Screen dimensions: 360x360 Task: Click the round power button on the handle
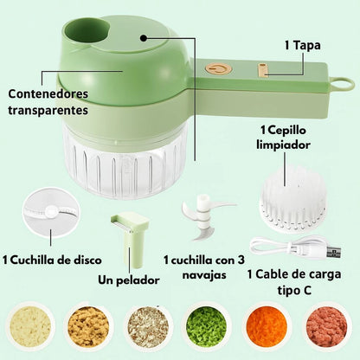coord(219,69)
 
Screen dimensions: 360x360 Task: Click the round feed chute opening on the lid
coord(87,29)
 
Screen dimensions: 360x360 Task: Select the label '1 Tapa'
coord(303,45)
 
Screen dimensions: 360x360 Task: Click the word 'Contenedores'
coord(48,93)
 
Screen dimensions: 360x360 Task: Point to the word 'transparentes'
coord(48,110)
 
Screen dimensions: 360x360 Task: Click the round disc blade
coord(51,213)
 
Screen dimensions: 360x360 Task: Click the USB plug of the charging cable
coord(334,253)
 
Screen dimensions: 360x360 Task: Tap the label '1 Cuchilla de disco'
coord(52,260)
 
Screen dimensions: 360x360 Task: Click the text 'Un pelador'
coord(129,280)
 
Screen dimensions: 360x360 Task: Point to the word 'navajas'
coord(204,275)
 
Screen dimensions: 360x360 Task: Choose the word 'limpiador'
coord(283,145)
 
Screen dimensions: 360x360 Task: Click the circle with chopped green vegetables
coord(207,326)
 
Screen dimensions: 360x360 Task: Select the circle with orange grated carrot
coord(267,326)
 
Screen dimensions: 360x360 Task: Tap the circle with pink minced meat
coord(327,326)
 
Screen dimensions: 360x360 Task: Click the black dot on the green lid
coord(144,38)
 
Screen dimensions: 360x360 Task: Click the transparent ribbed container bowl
coord(123,162)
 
